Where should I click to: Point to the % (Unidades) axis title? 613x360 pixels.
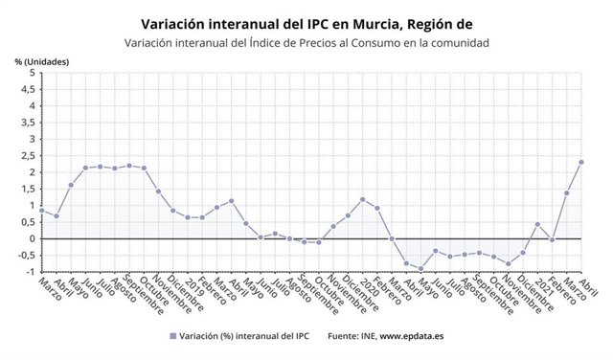(40, 61)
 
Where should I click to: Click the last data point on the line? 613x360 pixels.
(581, 162)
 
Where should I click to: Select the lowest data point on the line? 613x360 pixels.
(421, 269)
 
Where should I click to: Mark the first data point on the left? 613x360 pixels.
(42, 210)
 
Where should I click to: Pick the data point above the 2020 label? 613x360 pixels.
(363, 199)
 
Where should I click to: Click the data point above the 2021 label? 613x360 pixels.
(537, 224)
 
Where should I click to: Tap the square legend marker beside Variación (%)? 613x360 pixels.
(172, 337)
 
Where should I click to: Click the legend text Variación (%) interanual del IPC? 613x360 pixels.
(245, 337)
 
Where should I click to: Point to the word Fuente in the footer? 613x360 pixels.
(343, 337)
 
